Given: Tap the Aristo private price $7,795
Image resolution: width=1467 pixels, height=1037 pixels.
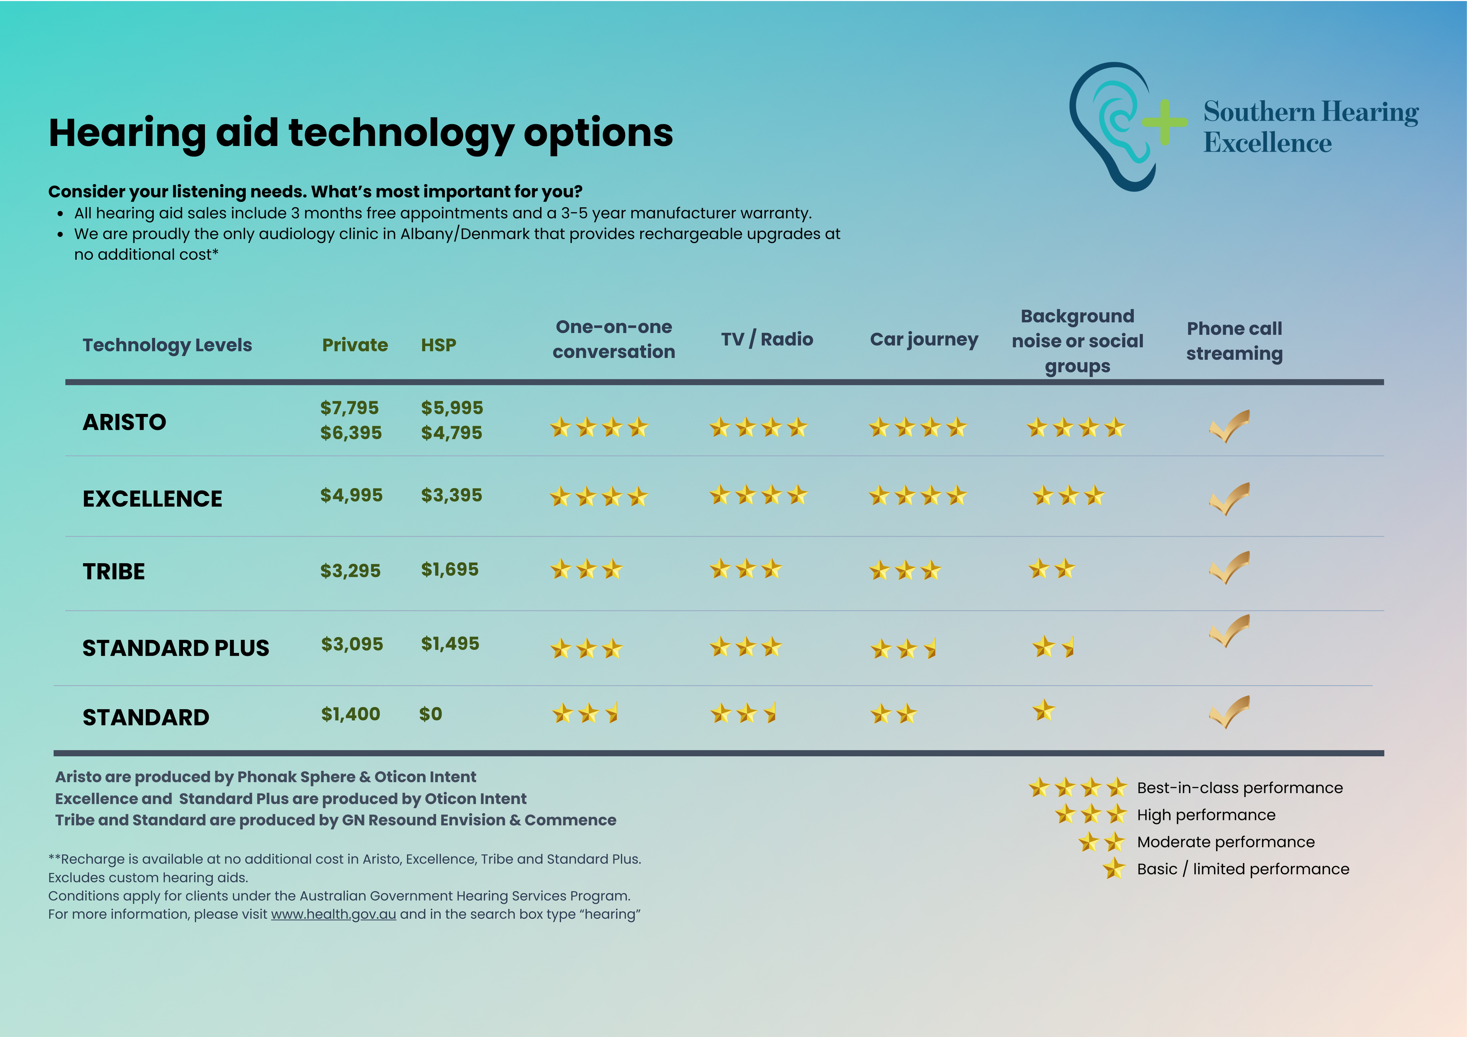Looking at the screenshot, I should [349, 408].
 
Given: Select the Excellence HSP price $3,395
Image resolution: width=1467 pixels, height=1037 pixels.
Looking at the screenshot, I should [451, 495].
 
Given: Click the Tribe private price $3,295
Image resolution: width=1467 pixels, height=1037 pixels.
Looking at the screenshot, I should [350, 570].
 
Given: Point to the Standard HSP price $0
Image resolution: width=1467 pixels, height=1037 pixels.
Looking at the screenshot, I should [430, 714].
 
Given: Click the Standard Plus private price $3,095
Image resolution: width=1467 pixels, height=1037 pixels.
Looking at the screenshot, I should [352, 644].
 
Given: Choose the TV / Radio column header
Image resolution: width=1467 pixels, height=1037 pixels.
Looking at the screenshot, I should [767, 339].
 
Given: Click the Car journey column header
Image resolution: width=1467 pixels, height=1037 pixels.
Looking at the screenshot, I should [924, 339].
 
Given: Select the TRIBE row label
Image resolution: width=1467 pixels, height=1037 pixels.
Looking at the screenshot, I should [114, 571].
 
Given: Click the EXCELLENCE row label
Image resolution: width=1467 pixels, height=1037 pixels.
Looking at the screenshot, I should [152, 498].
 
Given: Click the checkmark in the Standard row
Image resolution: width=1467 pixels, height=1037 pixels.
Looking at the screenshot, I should [1229, 712].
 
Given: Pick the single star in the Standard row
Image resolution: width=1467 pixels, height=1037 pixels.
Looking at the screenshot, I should [1044, 710].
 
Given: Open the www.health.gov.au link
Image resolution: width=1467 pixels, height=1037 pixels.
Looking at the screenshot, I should [334, 914].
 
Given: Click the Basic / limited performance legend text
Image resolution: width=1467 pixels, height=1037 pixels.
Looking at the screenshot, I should [1243, 869].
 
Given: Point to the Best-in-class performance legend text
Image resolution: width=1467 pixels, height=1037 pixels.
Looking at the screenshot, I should [1239, 788].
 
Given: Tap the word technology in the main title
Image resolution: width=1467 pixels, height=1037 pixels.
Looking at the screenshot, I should [401, 133].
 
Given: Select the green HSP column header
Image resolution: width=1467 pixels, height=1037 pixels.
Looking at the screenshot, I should [438, 345].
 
